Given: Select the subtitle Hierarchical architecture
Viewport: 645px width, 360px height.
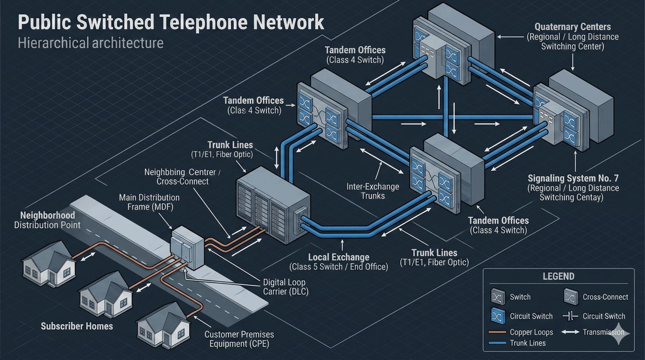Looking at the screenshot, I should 90,42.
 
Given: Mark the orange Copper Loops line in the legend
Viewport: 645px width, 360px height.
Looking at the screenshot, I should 498,332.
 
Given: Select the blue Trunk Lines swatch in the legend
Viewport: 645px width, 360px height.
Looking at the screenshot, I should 498,343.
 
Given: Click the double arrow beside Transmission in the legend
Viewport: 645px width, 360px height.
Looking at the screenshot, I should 570,332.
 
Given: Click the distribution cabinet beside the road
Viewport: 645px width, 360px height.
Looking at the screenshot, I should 187,248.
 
